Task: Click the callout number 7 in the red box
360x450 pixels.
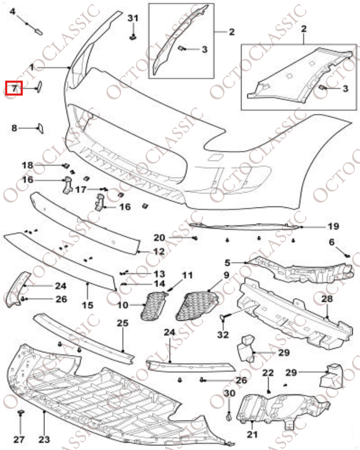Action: point(14,88)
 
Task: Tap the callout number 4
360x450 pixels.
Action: point(13,11)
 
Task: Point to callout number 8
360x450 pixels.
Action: point(14,127)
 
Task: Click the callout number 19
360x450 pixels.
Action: point(333,226)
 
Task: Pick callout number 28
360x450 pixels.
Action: point(327,299)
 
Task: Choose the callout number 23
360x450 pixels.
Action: point(44,439)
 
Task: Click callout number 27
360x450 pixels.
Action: point(19,439)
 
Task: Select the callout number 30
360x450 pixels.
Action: point(230,393)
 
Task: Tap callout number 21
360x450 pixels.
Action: point(252,435)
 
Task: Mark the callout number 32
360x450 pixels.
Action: point(223,334)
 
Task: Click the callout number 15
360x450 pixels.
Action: point(87,305)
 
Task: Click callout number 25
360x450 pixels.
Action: point(122,324)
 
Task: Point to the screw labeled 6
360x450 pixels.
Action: point(347,255)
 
